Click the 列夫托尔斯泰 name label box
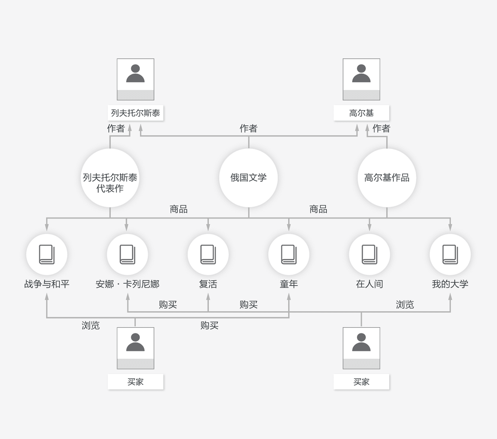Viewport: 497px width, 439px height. coord(136,113)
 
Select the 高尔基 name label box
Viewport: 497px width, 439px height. coord(361,113)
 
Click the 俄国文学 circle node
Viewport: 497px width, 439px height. coord(248,178)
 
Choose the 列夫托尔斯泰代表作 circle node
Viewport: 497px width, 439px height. coord(110,178)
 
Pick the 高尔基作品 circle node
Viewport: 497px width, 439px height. coord(387,178)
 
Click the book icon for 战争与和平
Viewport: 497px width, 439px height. coord(47,254)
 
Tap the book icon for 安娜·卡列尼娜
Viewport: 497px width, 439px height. coord(128,254)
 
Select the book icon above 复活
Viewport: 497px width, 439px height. coord(208,254)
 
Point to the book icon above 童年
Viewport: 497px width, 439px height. coord(289,254)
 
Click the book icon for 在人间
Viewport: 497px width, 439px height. coord(369,254)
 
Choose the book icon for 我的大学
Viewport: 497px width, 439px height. coord(450,254)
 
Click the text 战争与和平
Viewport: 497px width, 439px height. coord(47,284)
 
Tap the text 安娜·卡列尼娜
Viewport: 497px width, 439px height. coord(128,284)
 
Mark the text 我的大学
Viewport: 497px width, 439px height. coord(450,284)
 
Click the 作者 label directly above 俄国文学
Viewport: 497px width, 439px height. coord(248,128)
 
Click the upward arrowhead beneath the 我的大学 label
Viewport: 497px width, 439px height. coord(450,297)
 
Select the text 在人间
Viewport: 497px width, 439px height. coord(369,284)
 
